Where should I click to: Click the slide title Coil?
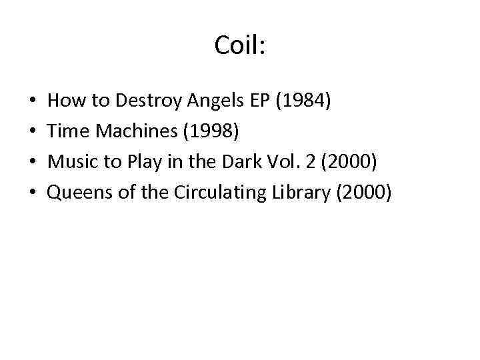pyautogui.click(x=240, y=45)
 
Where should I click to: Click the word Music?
pyautogui.click(x=71, y=162)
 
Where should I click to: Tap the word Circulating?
pyautogui.click(x=214, y=192)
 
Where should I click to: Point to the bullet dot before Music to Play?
pyautogui.click(x=33, y=163)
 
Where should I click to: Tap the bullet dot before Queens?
pyautogui.click(x=33, y=193)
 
